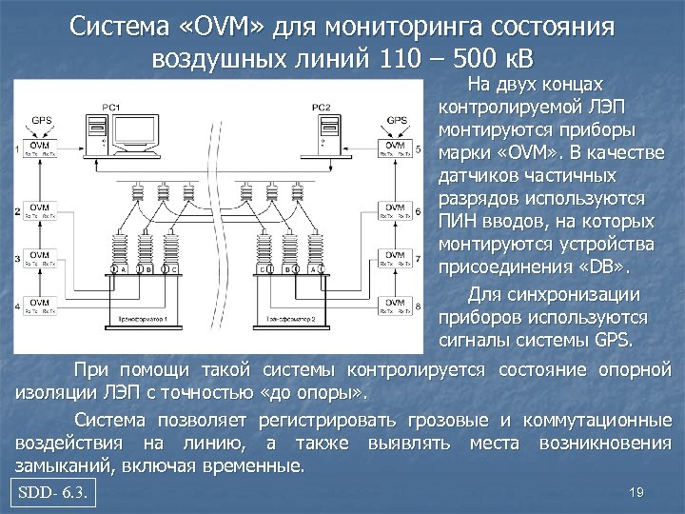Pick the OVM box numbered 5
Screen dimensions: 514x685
pos(393,149)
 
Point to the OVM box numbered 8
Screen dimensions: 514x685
pos(393,306)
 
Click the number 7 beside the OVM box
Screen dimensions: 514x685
pos(420,257)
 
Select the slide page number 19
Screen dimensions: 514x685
pos(637,492)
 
